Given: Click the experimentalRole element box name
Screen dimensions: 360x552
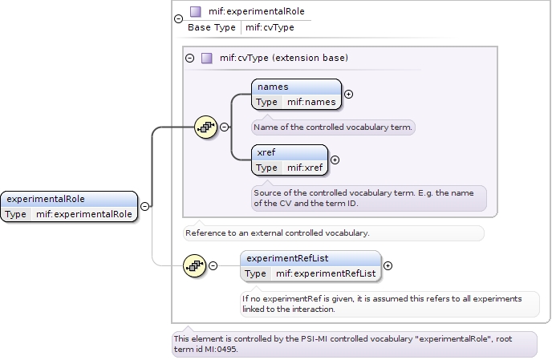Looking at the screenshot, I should click(x=46, y=199).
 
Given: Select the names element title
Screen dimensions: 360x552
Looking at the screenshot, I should click(x=273, y=87).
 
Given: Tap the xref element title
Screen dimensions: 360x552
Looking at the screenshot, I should click(x=266, y=152).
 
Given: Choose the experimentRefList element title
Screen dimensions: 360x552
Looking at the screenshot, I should click(x=287, y=258).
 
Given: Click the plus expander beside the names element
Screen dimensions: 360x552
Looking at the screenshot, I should click(x=348, y=94).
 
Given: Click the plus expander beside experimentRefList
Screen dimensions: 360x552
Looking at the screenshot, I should click(x=388, y=265).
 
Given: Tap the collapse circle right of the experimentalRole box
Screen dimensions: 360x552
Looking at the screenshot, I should click(x=144, y=206).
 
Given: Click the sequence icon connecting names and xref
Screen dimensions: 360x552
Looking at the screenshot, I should click(x=206, y=127).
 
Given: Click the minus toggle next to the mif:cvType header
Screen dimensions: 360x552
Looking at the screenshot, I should click(x=190, y=58).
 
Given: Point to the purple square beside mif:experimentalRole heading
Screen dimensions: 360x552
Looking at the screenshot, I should click(x=195, y=12).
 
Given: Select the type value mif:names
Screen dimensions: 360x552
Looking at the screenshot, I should click(x=311, y=102).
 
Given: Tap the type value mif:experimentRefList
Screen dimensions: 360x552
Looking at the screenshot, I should click(x=326, y=273).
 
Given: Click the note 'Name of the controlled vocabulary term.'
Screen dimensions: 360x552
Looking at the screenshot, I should click(x=333, y=127).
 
